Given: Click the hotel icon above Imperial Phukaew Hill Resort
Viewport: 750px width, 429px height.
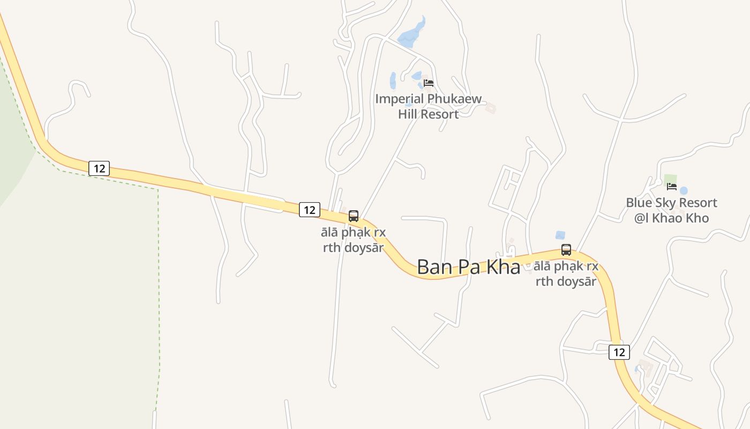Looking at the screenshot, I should coord(428,83).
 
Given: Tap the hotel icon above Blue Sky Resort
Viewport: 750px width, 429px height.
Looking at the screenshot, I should coord(671,187).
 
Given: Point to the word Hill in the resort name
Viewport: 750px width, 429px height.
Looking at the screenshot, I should coord(409,114).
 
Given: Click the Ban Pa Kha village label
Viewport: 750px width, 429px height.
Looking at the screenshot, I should coord(468,267).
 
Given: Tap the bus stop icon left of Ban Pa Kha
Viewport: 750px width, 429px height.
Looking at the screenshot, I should coord(354,216).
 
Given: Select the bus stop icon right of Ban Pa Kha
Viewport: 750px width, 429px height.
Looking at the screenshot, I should coord(566,249).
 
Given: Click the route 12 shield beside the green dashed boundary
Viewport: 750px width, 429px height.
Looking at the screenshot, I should coord(99,168).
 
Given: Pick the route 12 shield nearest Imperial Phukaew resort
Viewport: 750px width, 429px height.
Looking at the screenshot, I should coord(309,210).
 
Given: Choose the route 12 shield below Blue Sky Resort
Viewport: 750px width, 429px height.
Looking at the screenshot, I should coord(619,352).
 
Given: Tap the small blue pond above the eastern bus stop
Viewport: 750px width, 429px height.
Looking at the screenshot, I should coord(560,235).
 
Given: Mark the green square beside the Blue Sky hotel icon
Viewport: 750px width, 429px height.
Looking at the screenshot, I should coord(670,179).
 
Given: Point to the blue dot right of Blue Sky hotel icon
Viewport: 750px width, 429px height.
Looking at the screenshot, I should coord(684,190).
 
